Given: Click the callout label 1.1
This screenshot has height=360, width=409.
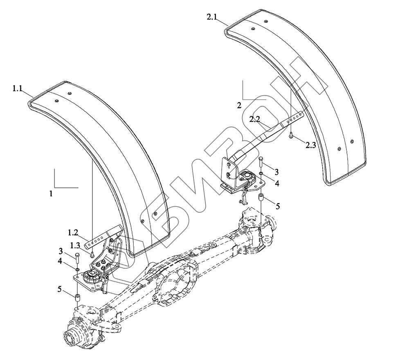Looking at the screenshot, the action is click(x=17, y=89).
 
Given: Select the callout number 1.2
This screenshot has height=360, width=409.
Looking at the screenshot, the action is click(x=73, y=233).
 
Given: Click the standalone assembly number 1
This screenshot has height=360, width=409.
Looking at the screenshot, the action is click(x=51, y=194).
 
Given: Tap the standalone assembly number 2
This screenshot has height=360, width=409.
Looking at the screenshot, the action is click(x=239, y=105).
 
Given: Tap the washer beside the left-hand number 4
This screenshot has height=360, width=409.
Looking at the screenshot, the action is click(x=77, y=270).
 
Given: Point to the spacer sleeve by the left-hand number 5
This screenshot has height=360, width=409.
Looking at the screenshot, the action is click(x=77, y=296).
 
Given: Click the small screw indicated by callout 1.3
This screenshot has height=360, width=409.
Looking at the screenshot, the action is click(x=92, y=254).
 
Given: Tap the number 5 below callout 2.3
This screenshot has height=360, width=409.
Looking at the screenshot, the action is click(x=278, y=207).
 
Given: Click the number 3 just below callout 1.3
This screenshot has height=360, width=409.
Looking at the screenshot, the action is click(x=61, y=251).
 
